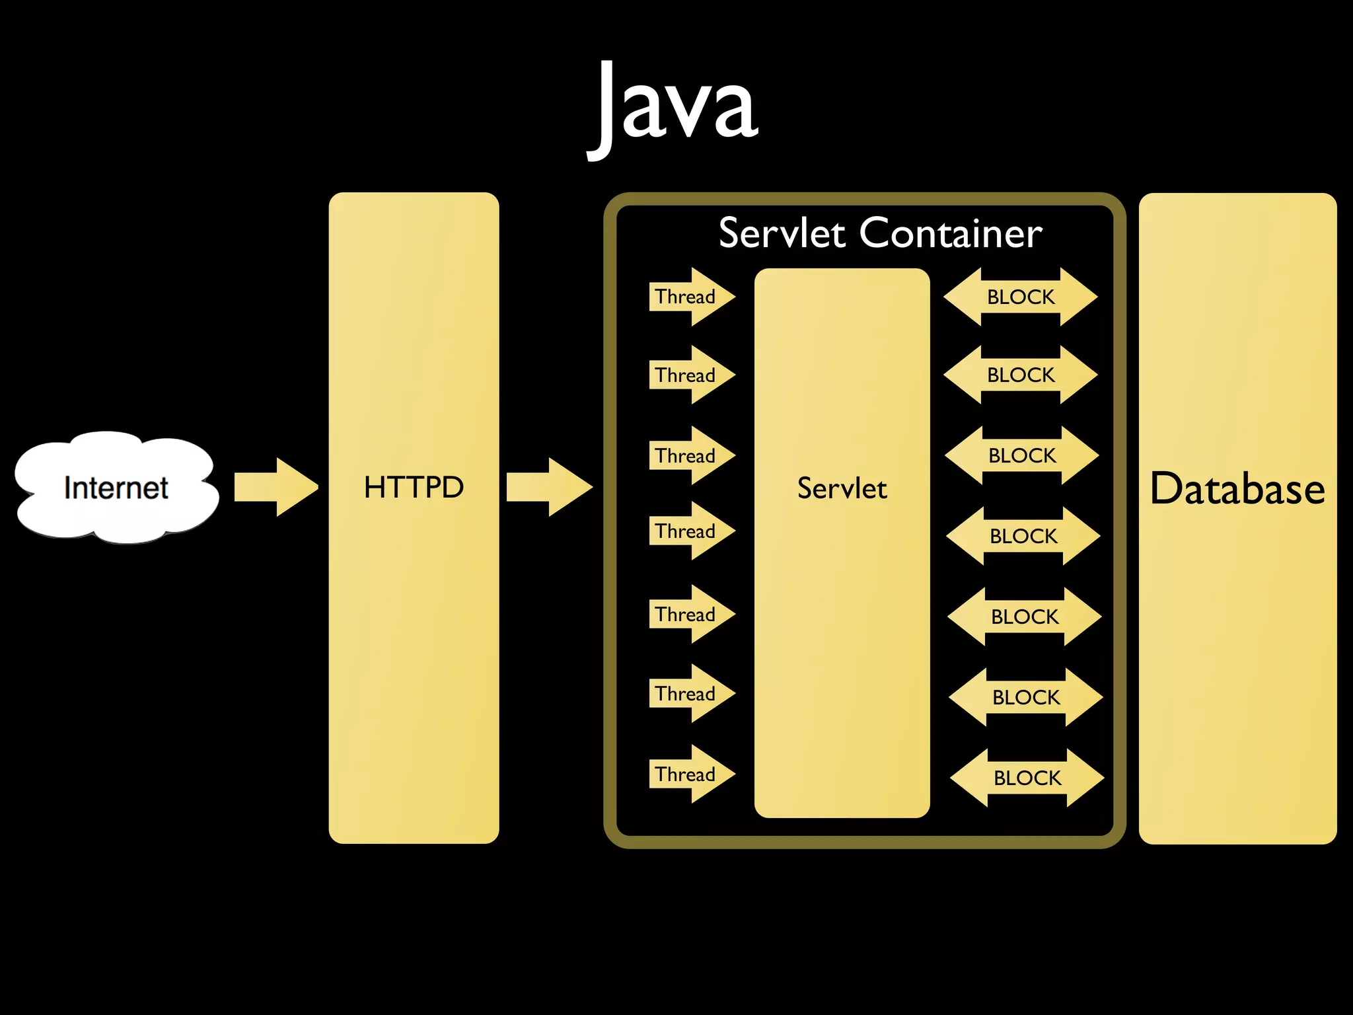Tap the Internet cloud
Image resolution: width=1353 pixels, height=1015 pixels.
pos(116,488)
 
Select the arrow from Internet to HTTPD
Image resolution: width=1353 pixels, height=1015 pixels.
pos(276,487)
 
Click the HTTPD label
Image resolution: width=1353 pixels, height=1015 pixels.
pos(414,487)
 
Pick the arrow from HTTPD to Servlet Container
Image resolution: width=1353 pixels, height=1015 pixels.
pos(548,487)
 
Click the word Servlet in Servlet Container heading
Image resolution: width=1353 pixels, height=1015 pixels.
pos(782,233)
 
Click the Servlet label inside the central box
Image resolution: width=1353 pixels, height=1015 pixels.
pos(842,488)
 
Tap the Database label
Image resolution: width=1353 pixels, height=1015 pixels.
pos(1237,488)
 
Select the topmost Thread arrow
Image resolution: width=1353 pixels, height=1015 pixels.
pos(690,297)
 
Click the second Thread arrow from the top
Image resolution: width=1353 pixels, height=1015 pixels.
pos(690,375)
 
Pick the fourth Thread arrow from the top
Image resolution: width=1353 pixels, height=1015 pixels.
pos(690,531)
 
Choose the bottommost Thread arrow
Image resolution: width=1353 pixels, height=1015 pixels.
pos(690,774)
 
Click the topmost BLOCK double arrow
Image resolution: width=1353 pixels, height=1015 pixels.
pos(1021,297)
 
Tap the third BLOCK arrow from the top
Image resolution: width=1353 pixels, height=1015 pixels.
pos(1022,455)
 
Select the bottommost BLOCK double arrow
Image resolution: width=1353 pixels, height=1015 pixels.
pos(1027,778)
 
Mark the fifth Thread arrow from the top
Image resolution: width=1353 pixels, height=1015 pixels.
pos(690,614)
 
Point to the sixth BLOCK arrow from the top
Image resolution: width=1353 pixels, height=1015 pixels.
pos(1026,697)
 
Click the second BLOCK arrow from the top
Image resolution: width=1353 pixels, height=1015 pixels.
pos(1021,375)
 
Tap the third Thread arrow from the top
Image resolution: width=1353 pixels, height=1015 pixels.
pos(690,455)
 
